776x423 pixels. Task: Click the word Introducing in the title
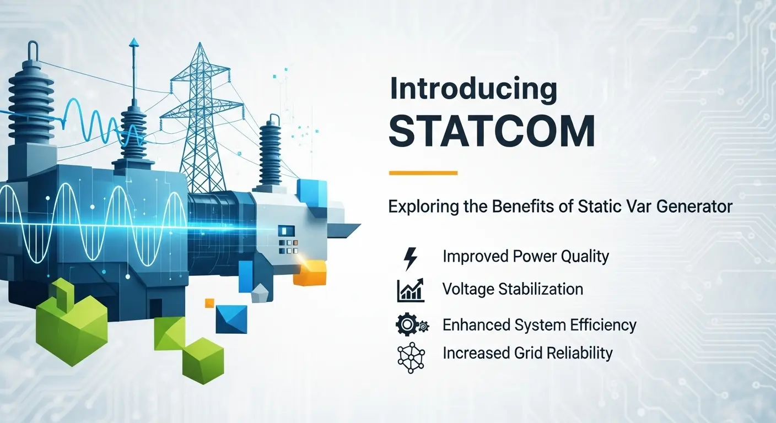[x=473, y=89]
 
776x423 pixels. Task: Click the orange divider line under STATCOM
[x=423, y=173]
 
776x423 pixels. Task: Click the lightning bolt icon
[x=411, y=258]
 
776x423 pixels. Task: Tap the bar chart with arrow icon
[x=411, y=290]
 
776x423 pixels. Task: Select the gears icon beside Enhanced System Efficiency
[x=412, y=325]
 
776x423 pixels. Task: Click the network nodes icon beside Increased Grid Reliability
[x=411, y=357]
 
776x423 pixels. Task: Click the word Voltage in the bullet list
[x=468, y=289]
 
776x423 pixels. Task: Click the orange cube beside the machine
[x=310, y=273]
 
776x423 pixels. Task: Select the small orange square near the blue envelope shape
[x=209, y=303]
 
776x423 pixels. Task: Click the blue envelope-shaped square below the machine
[x=231, y=319]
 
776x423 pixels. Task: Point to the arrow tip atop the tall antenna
[x=134, y=42]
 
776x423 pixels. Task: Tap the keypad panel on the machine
[x=288, y=240]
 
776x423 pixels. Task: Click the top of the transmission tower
[x=200, y=44]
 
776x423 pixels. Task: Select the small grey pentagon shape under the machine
[x=260, y=294]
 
